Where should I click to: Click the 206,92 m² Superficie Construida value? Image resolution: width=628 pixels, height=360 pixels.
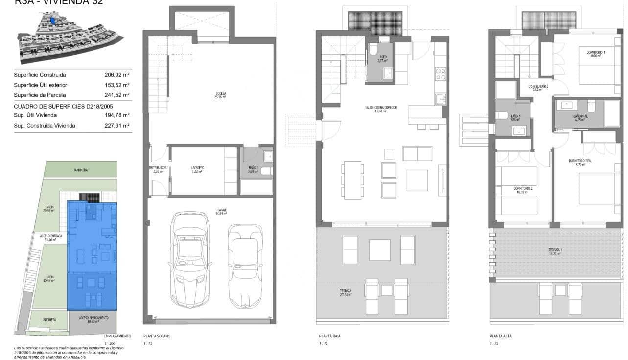pyautogui.click(x=116, y=75)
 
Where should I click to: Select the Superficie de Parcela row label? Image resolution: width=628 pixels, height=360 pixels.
pyautogui.click(x=40, y=95)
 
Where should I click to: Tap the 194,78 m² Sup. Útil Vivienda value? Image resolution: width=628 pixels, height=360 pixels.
pyautogui.click(x=116, y=115)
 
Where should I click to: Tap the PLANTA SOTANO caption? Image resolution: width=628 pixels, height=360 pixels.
pyautogui.click(x=157, y=337)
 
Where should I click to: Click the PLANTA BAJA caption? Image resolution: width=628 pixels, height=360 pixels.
pyautogui.click(x=329, y=337)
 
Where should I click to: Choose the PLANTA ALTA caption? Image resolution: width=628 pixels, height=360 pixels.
pyautogui.click(x=501, y=337)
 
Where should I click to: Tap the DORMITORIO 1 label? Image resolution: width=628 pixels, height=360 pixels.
pyautogui.click(x=589, y=53)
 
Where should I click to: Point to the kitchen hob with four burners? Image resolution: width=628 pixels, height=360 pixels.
pyautogui.click(x=441, y=74)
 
